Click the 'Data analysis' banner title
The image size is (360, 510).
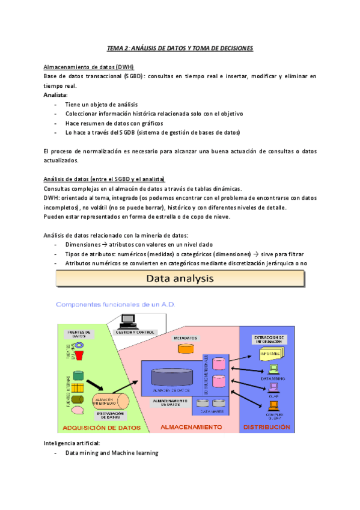pos(181,278)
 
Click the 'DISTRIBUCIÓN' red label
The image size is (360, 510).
pos(266,428)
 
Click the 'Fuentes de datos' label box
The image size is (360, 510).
pos(79,333)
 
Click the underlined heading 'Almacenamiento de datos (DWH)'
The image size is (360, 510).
pos(89,67)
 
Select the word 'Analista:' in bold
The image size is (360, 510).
pos(56,94)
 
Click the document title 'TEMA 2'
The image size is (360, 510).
pos(179,48)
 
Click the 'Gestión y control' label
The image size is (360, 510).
pos(136,332)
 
